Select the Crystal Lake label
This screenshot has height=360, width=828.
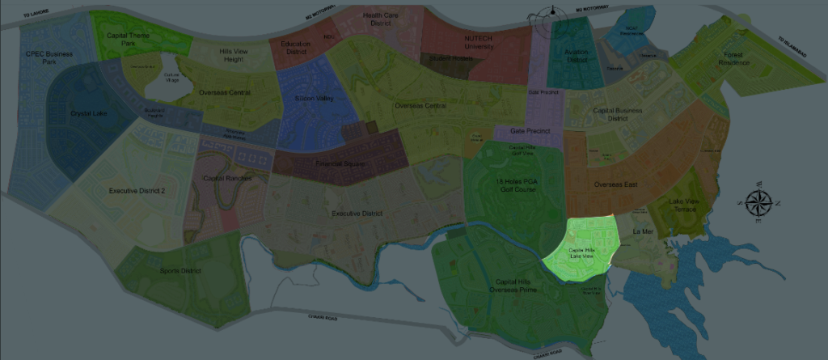coord(88,113)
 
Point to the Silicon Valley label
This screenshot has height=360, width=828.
coord(314,98)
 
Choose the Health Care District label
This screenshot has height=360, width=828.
coord(382,19)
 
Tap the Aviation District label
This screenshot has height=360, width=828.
coord(576,56)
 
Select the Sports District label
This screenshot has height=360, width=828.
coord(180,270)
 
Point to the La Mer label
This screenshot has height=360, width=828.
coord(643,231)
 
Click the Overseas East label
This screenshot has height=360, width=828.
coord(615,184)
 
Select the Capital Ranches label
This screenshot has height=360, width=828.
coord(227,178)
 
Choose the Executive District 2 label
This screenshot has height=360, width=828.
coord(137,191)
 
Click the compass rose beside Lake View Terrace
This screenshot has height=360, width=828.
coord(758,204)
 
